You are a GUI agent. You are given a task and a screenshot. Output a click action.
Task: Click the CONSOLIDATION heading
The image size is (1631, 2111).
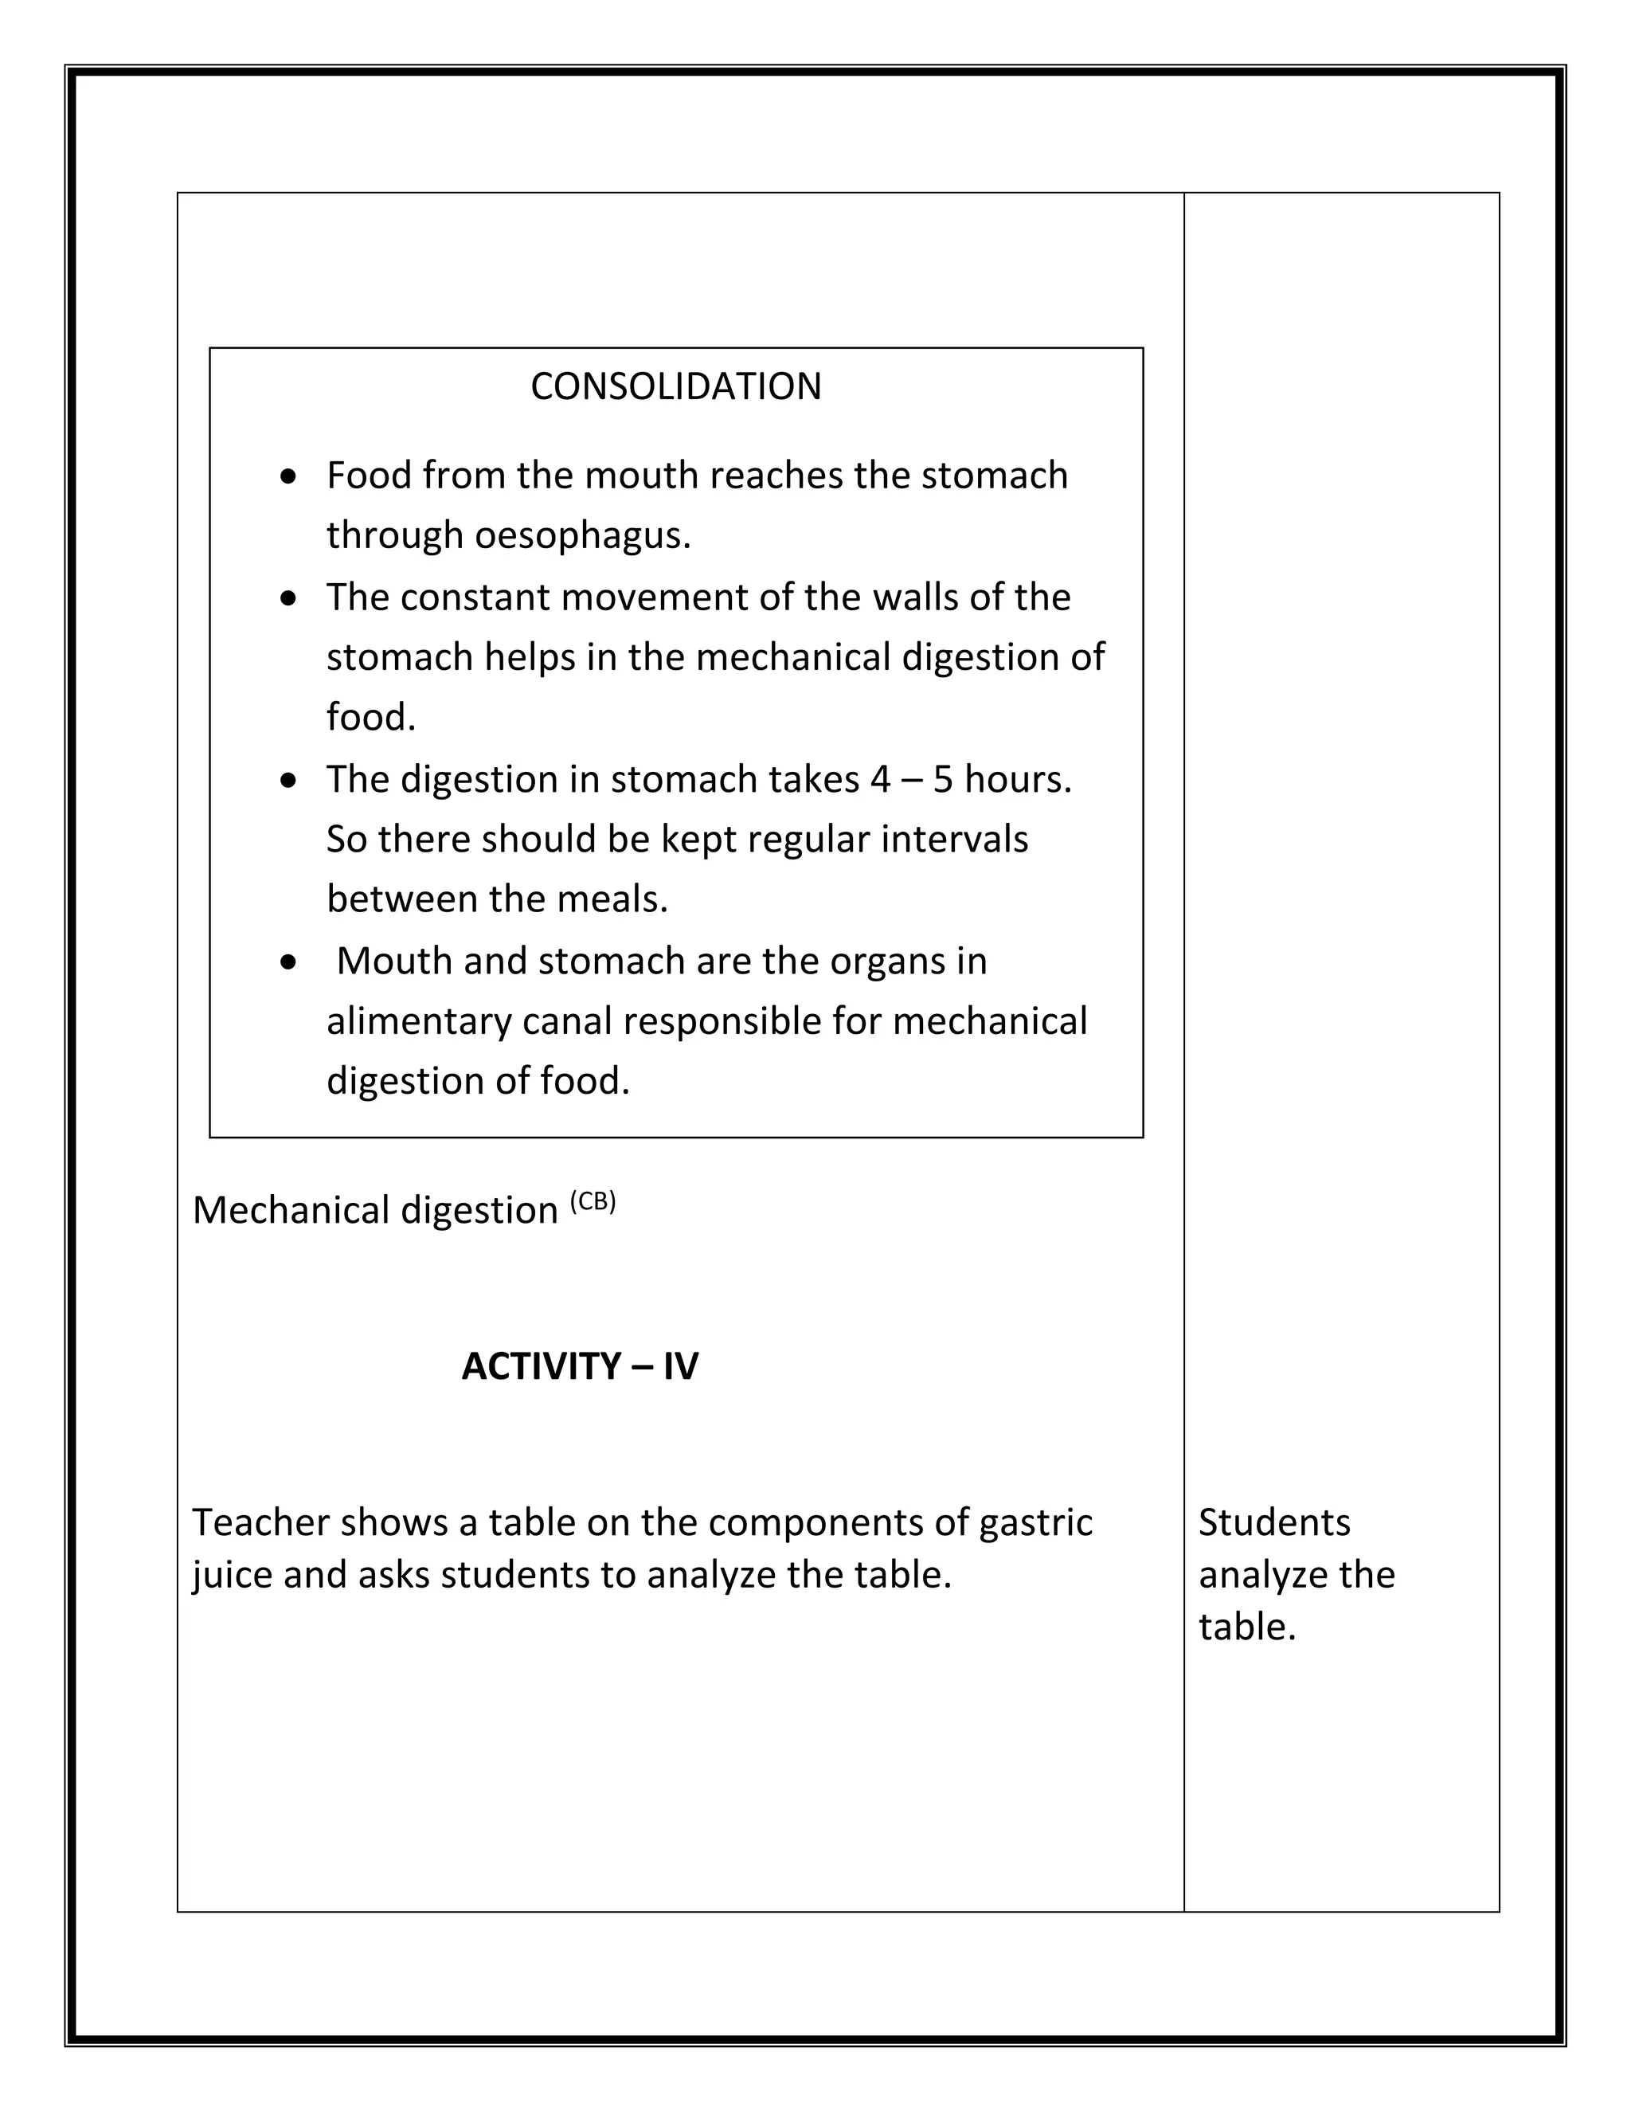675,386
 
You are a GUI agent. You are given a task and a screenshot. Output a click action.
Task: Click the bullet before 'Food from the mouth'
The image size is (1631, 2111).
288,477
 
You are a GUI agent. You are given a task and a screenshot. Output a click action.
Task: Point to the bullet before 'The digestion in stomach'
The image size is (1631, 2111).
288,781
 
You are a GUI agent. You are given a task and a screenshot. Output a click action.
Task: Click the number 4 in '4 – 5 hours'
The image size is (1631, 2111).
879,779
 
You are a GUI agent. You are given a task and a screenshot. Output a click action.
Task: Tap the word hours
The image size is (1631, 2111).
1016,779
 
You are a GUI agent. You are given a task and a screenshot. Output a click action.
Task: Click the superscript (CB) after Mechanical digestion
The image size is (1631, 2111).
593,1202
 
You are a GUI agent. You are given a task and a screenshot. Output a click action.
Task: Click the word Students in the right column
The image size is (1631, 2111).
1273,1522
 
